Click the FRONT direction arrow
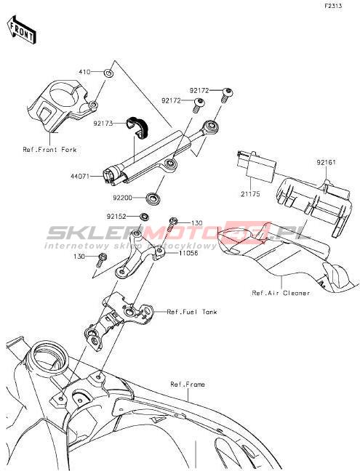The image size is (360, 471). (x=22, y=29)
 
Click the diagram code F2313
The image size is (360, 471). (x=333, y=6)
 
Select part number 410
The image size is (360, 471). (x=85, y=72)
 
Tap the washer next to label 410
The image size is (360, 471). (x=108, y=73)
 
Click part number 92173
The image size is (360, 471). (x=103, y=124)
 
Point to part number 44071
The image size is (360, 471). (x=80, y=177)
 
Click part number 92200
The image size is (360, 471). (x=123, y=198)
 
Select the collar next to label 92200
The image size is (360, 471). (x=153, y=198)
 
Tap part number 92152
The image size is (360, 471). (x=116, y=217)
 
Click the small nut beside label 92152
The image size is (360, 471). (x=145, y=217)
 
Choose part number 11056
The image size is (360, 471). (x=188, y=253)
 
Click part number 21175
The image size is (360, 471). (x=250, y=194)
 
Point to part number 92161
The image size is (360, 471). (x=326, y=163)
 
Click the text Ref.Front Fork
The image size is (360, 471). (x=50, y=149)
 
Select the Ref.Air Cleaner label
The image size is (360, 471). (x=281, y=293)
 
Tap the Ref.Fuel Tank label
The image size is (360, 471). (x=192, y=312)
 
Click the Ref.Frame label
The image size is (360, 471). (x=188, y=385)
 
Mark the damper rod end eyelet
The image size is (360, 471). (x=211, y=126)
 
